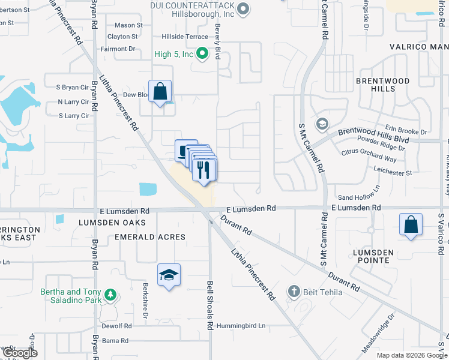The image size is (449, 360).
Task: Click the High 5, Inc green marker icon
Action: [x=203, y=54]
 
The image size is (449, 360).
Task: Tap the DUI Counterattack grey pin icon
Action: [x=243, y=8]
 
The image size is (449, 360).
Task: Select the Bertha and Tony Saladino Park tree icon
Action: [x=110, y=295]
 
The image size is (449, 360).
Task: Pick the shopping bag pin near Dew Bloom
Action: [x=160, y=92]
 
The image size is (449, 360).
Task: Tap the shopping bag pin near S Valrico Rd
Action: [x=411, y=226]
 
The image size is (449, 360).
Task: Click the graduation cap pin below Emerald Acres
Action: [x=169, y=275]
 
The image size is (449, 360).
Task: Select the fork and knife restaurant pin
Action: [x=204, y=169]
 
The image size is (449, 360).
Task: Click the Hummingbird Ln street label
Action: [x=241, y=326]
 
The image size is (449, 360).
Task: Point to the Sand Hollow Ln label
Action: [x=359, y=197]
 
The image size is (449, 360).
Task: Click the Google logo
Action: [x=21, y=353]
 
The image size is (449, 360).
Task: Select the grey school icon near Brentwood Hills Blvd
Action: [x=321, y=123]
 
